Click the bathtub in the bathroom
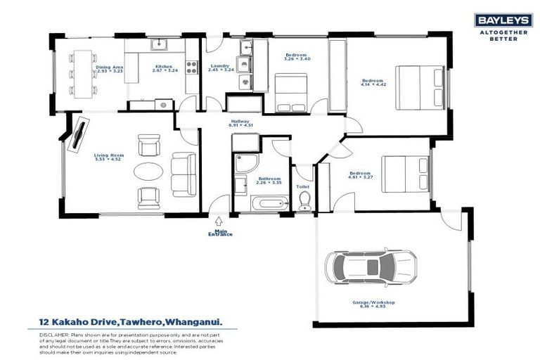(269, 204)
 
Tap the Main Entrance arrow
(220, 221)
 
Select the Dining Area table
(84, 73)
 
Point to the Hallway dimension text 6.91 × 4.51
(240, 125)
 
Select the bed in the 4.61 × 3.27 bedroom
(405, 173)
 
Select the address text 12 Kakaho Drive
(77, 322)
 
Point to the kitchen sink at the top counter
(159, 46)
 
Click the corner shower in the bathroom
(247, 164)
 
